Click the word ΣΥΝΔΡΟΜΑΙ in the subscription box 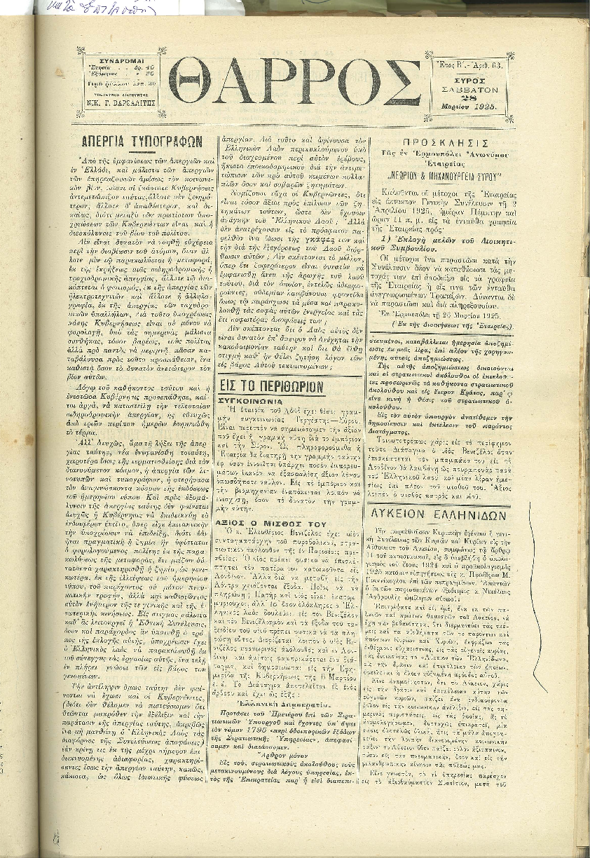[x=118, y=60]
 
